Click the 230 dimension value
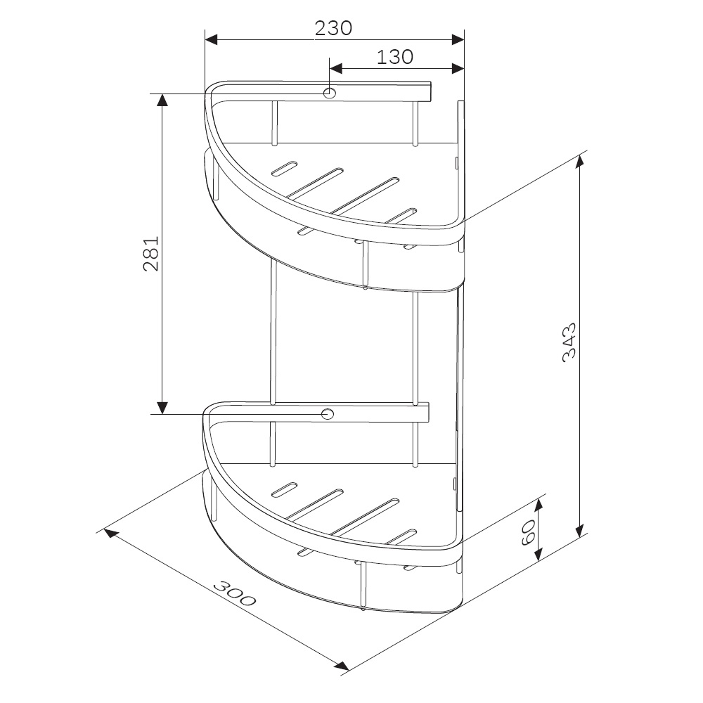[x=333, y=28]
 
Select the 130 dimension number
[x=394, y=57]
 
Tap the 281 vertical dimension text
[x=151, y=253]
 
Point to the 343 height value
[x=569, y=342]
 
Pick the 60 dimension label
[x=529, y=532]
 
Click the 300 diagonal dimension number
[x=235, y=593]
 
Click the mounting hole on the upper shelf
[x=330, y=93]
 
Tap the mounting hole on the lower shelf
[x=328, y=414]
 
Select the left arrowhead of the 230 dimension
[x=211, y=39]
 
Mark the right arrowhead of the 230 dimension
[x=458, y=39]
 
